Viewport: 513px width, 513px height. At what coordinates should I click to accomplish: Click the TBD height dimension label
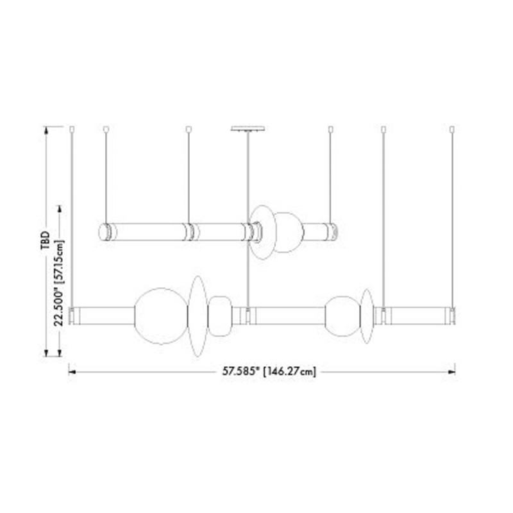coord(45,240)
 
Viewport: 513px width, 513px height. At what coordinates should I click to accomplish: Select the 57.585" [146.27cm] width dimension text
coord(269,372)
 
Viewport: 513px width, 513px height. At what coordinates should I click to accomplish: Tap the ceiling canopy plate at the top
coord(248,128)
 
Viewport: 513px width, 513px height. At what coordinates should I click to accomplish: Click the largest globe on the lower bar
coord(161,316)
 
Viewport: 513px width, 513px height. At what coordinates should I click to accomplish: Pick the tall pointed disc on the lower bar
coord(198,316)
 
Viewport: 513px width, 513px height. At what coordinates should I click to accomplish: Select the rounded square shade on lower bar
coord(220,316)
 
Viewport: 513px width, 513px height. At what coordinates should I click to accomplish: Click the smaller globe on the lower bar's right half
coord(342,316)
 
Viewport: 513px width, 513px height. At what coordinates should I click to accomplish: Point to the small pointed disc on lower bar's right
coord(367,316)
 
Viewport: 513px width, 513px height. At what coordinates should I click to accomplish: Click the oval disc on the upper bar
coord(262,232)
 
